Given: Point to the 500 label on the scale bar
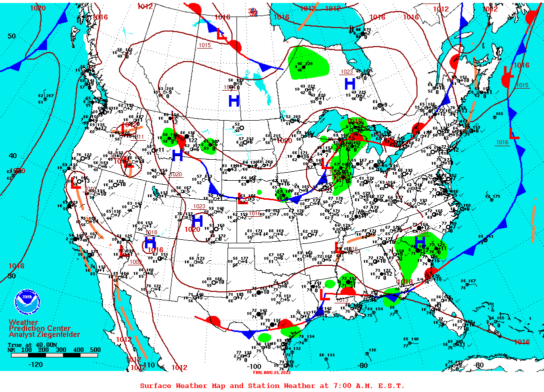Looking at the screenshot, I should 95,350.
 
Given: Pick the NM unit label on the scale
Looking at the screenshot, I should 11,350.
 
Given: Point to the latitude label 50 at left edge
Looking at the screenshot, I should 11,36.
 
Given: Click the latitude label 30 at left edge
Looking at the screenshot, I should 11,276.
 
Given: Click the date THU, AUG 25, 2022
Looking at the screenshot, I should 271,372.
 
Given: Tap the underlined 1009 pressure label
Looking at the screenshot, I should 135,262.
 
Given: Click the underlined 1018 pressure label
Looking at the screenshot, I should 151,233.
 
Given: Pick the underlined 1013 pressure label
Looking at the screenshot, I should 342,300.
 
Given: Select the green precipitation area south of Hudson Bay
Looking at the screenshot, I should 308,63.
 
